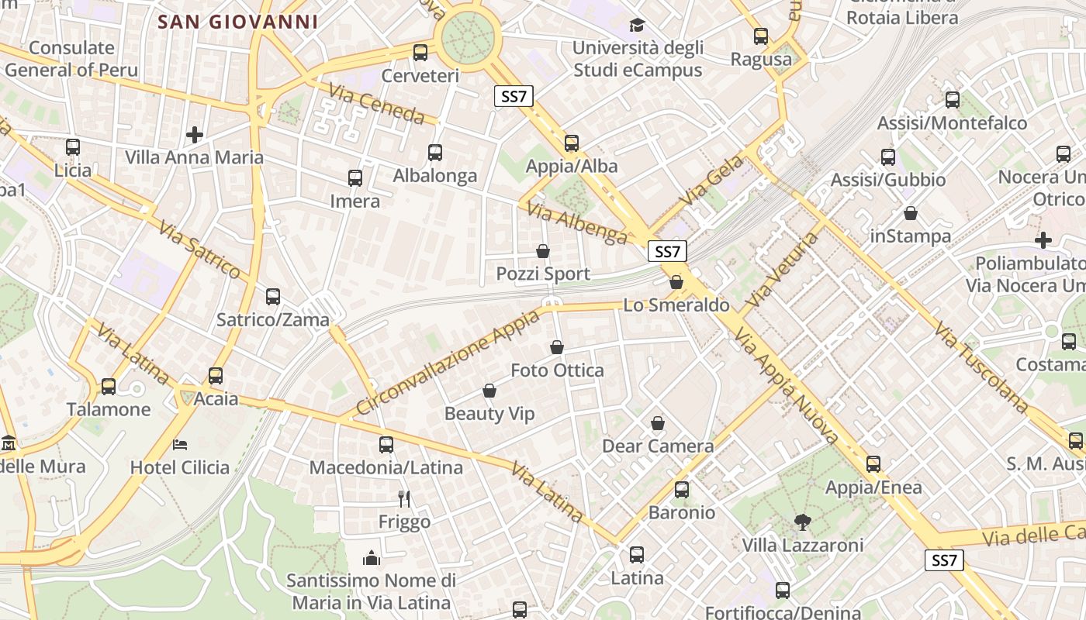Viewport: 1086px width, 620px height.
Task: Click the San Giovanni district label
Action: [238, 22]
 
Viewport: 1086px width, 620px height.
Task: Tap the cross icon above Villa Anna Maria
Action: [195, 135]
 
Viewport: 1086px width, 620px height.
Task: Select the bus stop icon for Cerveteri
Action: [420, 53]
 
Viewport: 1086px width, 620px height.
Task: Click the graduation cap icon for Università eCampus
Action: [637, 26]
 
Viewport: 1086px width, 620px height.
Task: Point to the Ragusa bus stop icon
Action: [761, 36]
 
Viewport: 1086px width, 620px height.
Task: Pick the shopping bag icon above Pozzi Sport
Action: [543, 251]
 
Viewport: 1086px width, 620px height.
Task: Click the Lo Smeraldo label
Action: [676, 305]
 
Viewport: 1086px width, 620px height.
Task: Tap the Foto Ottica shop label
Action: [557, 370]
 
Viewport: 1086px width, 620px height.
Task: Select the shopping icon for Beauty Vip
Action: [489, 391]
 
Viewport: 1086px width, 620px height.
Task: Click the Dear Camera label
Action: [658, 446]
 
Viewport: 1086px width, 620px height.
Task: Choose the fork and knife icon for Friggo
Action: [403, 498]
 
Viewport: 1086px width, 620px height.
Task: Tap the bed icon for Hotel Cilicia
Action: [180, 445]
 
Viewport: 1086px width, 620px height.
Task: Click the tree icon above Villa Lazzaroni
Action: [803, 522]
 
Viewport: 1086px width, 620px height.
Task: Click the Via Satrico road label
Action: [200, 247]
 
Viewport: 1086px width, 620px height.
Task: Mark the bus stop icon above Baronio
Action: [682, 490]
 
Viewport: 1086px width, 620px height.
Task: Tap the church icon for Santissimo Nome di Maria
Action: [372, 558]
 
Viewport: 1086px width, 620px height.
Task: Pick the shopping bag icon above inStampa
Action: [911, 213]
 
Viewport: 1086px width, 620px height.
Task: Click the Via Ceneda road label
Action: [377, 104]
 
